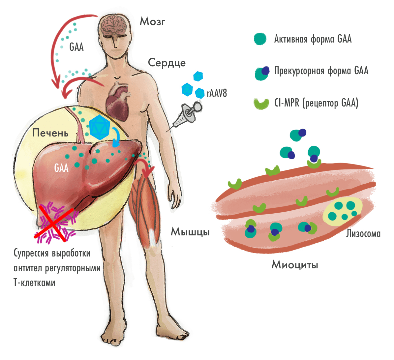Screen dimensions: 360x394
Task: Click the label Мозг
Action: tap(152, 22)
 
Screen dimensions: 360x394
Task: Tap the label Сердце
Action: tap(167, 63)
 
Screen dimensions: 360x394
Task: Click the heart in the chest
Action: tap(118, 101)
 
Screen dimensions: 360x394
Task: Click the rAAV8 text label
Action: tap(217, 93)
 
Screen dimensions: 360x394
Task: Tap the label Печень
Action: tap(50, 133)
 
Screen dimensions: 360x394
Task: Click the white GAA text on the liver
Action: tap(61, 168)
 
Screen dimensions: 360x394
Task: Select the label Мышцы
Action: tap(190, 232)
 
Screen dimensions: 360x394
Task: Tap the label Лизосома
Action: tap(363, 234)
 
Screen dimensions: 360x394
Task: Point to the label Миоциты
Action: tap(295, 265)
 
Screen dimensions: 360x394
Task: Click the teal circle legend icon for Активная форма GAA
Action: tap(260, 39)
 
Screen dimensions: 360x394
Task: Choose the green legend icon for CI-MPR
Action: tap(261, 104)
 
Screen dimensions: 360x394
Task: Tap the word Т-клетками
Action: tap(34, 283)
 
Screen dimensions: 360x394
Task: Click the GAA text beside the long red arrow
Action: tap(76, 47)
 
